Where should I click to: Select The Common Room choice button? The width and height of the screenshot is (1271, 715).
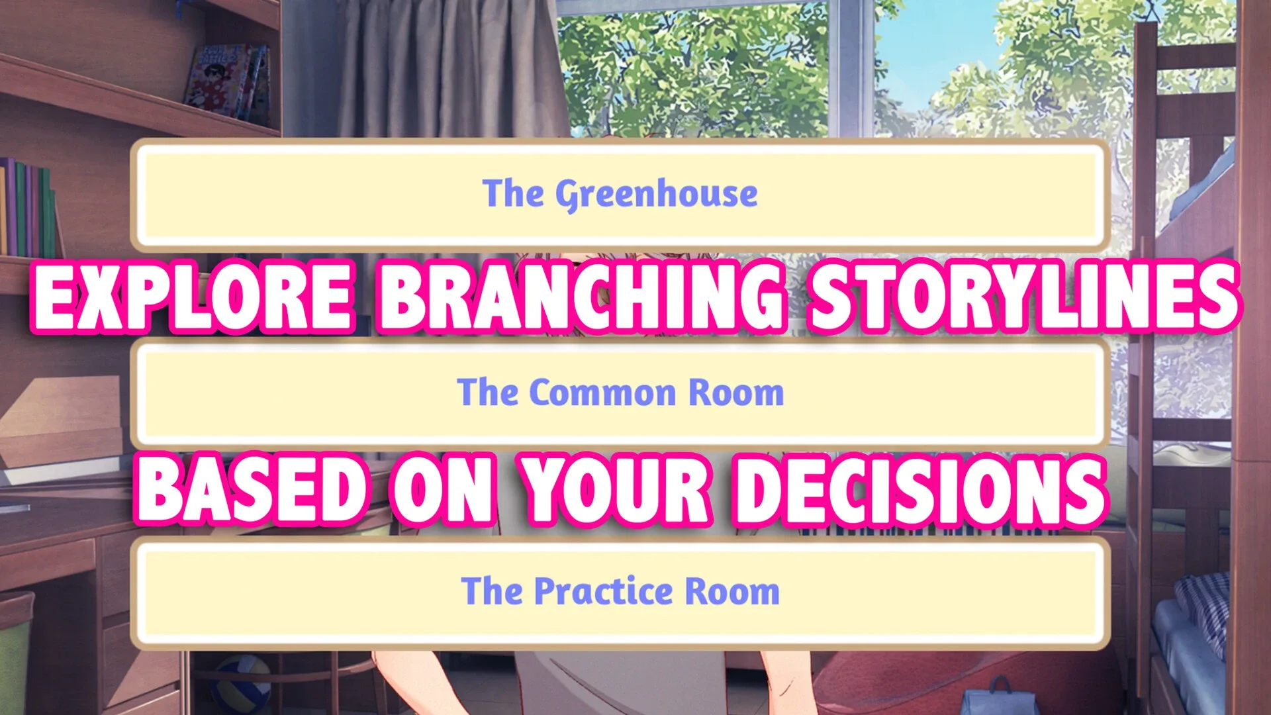coord(620,393)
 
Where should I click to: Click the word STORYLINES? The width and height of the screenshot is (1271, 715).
coord(1024,297)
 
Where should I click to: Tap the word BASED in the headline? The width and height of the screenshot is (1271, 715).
coord(252,490)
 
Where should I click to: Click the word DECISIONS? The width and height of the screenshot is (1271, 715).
coord(921,490)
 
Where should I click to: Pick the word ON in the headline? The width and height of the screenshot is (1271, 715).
coord(443,490)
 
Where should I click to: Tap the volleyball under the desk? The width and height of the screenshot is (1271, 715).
coord(242,685)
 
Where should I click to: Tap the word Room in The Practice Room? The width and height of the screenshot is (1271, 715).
coord(732,591)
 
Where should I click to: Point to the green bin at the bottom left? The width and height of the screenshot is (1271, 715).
coord(15,652)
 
